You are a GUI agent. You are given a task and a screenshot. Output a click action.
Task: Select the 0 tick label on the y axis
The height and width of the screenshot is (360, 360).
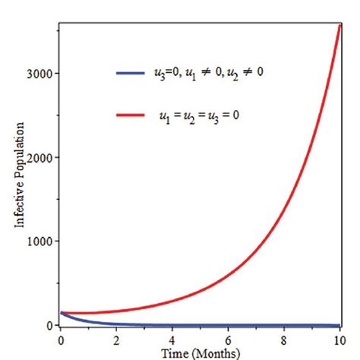pyautogui.click(x=50, y=325)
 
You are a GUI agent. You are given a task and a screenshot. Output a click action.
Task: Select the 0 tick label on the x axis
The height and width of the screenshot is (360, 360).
pyautogui.click(x=60, y=339)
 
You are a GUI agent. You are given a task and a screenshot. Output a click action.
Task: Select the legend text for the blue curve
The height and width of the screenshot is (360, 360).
pyautogui.click(x=210, y=73)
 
